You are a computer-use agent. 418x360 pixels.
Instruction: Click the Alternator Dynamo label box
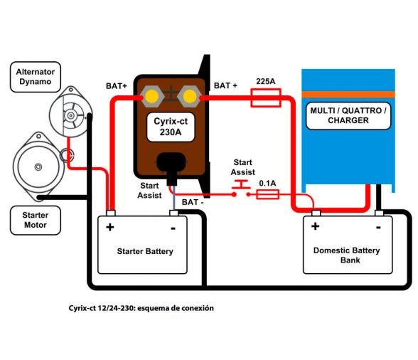coord(36,77)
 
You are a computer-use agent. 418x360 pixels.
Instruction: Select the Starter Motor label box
coord(36,220)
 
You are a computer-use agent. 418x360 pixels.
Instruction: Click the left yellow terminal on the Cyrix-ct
coord(151,95)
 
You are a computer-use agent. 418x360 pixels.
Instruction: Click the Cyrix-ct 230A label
coord(171,125)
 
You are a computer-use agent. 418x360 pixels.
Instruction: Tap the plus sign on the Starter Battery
coord(110,228)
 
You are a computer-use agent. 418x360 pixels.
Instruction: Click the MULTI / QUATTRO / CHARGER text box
coord(348,116)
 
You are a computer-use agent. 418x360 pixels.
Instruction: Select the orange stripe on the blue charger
coord(348,94)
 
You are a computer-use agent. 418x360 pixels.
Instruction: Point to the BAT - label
coord(192,203)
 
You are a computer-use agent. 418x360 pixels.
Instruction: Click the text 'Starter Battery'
coord(145,251)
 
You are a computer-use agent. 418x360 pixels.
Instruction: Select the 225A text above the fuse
coord(266,82)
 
